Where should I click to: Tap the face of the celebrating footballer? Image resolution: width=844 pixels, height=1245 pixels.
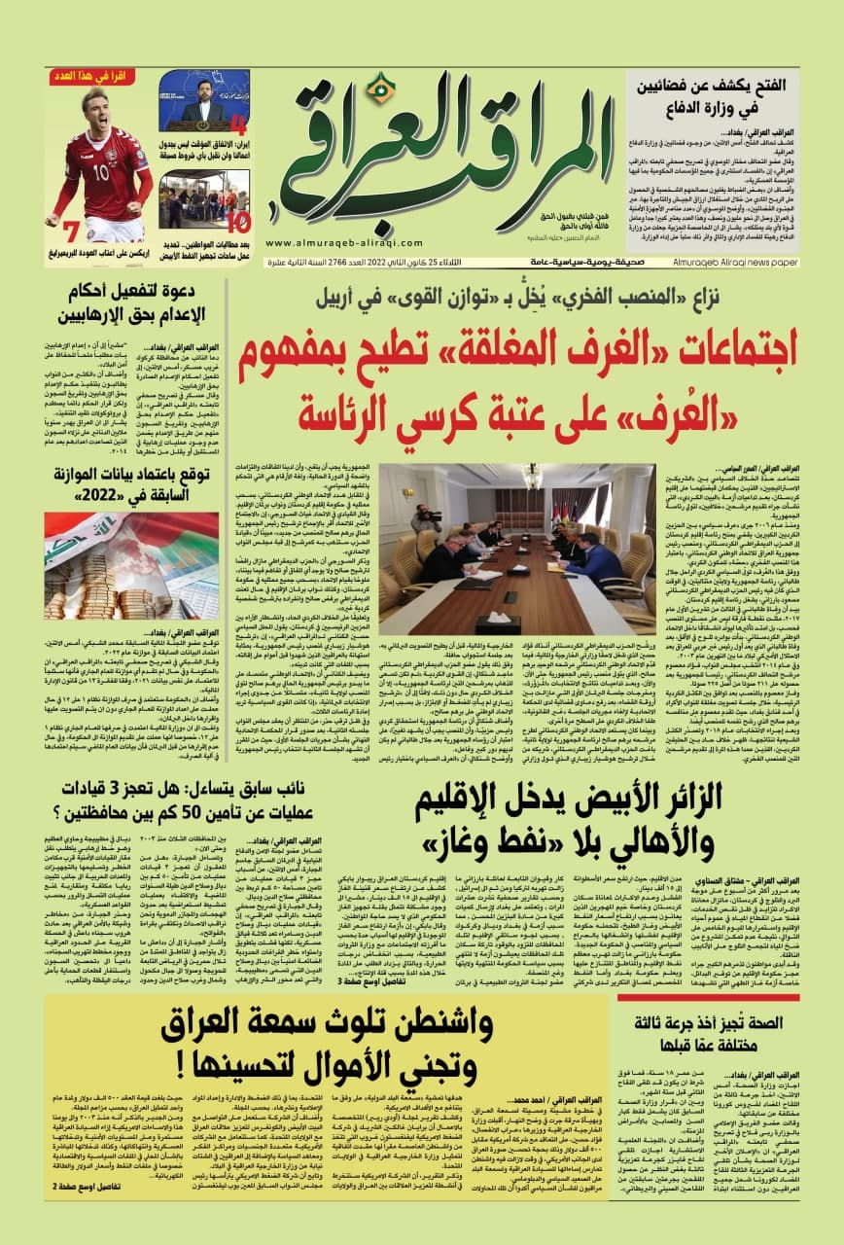click(x=95, y=106)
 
